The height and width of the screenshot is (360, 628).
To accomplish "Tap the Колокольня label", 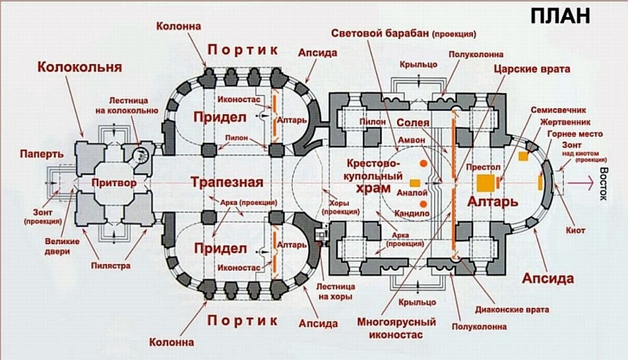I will (x=80, y=67).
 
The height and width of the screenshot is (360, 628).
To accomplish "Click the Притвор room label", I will (x=114, y=182).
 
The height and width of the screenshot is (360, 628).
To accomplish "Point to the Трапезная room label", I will (x=228, y=183).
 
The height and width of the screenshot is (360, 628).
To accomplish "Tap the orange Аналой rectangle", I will (x=414, y=183).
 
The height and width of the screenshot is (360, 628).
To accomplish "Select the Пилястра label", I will (x=110, y=266).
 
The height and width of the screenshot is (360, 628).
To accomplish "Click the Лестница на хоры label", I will (x=336, y=292).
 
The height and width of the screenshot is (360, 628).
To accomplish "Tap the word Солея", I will (x=414, y=123).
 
